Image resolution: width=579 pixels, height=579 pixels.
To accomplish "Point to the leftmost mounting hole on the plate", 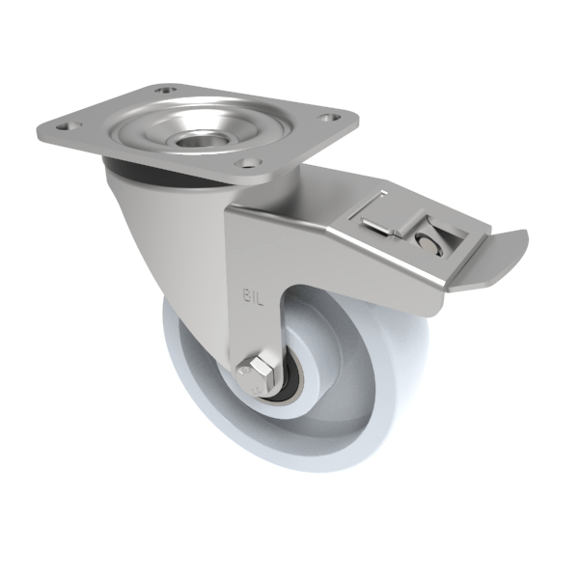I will click(x=68, y=124).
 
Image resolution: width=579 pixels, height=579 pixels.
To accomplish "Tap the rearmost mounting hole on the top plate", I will click(x=169, y=92).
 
